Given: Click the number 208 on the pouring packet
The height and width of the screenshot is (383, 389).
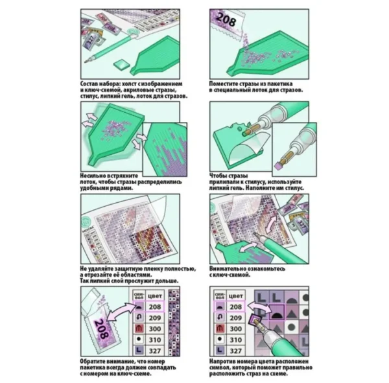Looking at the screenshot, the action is [x=226, y=19].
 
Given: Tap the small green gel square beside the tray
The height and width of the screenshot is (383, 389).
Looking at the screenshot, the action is [x=121, y=65].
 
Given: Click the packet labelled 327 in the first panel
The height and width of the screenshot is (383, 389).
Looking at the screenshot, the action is [x=91, y=40].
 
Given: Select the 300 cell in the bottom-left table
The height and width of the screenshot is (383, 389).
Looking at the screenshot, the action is [x=155, y=329].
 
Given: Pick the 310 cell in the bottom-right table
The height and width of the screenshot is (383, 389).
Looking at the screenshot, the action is [x=235, y=340].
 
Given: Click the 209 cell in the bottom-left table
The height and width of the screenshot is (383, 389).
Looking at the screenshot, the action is [x=155, y=318].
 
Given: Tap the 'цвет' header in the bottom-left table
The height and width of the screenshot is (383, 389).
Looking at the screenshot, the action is [x=155, y=296].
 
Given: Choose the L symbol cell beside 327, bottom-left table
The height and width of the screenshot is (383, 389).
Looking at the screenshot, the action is [x=139, y=351].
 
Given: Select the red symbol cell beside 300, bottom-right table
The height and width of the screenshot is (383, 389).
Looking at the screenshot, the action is [x=220, y=329].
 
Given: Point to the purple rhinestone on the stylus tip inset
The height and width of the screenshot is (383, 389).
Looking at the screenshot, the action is [x=278, y=165].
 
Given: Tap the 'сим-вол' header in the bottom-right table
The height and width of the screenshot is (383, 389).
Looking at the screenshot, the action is [x=220, y=296].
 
